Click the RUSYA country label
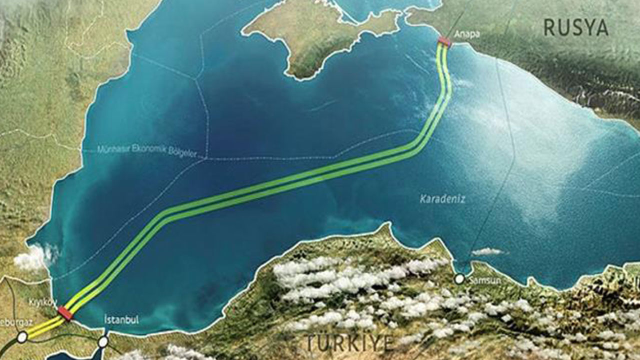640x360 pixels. pyautogui.click(x=575, y=27)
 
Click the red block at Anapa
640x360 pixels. pyautogui.click(x=444, y=41)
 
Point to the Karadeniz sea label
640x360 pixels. pyautogui.click(x=442, y=199)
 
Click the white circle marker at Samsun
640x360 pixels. pyautogui.click(x=459, y=279)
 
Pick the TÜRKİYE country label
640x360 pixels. pyautogui.click(x=349, y=343)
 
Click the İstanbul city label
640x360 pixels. pyautogui.click(x=121, y=319)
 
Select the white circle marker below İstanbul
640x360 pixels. pyautogui.click(x=103, y=342)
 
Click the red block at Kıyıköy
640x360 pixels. pyautogui.click(x=65, y=313)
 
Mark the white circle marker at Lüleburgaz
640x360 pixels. pyautogui.click(x=21, y=337)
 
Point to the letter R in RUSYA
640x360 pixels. pyautogui.click(x=549, y=27)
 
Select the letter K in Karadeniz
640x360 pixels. pyautogui.click(x=423, y=199)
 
